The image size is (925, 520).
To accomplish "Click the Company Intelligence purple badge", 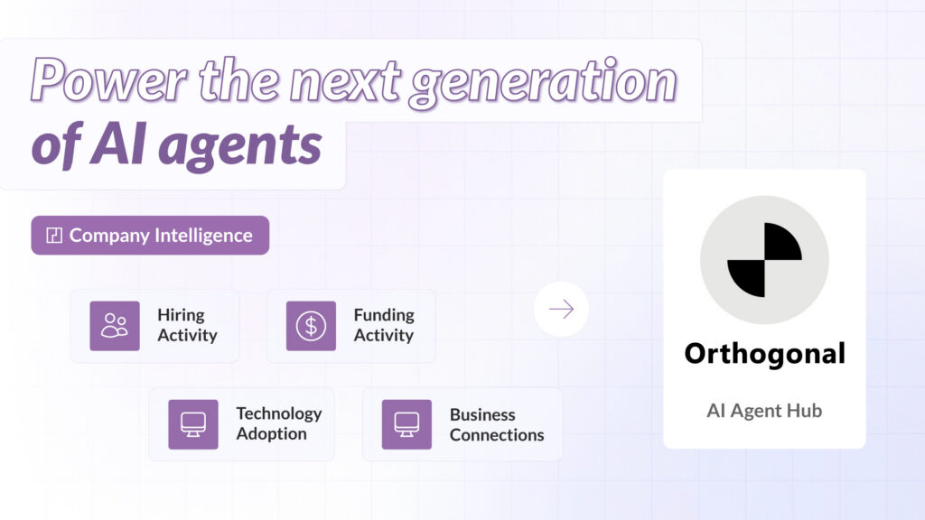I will click(150, 236).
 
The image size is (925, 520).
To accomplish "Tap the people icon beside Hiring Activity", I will click(115, 326).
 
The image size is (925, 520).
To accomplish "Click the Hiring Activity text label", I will click(187, 325).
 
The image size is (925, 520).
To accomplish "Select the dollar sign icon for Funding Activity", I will click(311, 326).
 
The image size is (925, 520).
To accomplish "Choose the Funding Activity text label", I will click(384, 325).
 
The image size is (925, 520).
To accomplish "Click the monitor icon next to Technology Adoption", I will click(193, 424).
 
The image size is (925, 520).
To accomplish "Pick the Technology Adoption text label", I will click(278, 423).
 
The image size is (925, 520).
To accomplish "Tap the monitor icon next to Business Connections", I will click(406, 424).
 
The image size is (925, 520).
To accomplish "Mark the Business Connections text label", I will click(497, 424).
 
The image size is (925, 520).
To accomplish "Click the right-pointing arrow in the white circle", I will click(561, 310).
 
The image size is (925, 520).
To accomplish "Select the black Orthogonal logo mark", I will click(764, 260).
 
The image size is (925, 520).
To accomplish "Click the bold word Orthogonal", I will click(764, 353).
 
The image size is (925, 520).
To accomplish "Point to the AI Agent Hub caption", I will click(764, 411).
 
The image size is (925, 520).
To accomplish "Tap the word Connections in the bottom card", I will click(497, 435).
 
